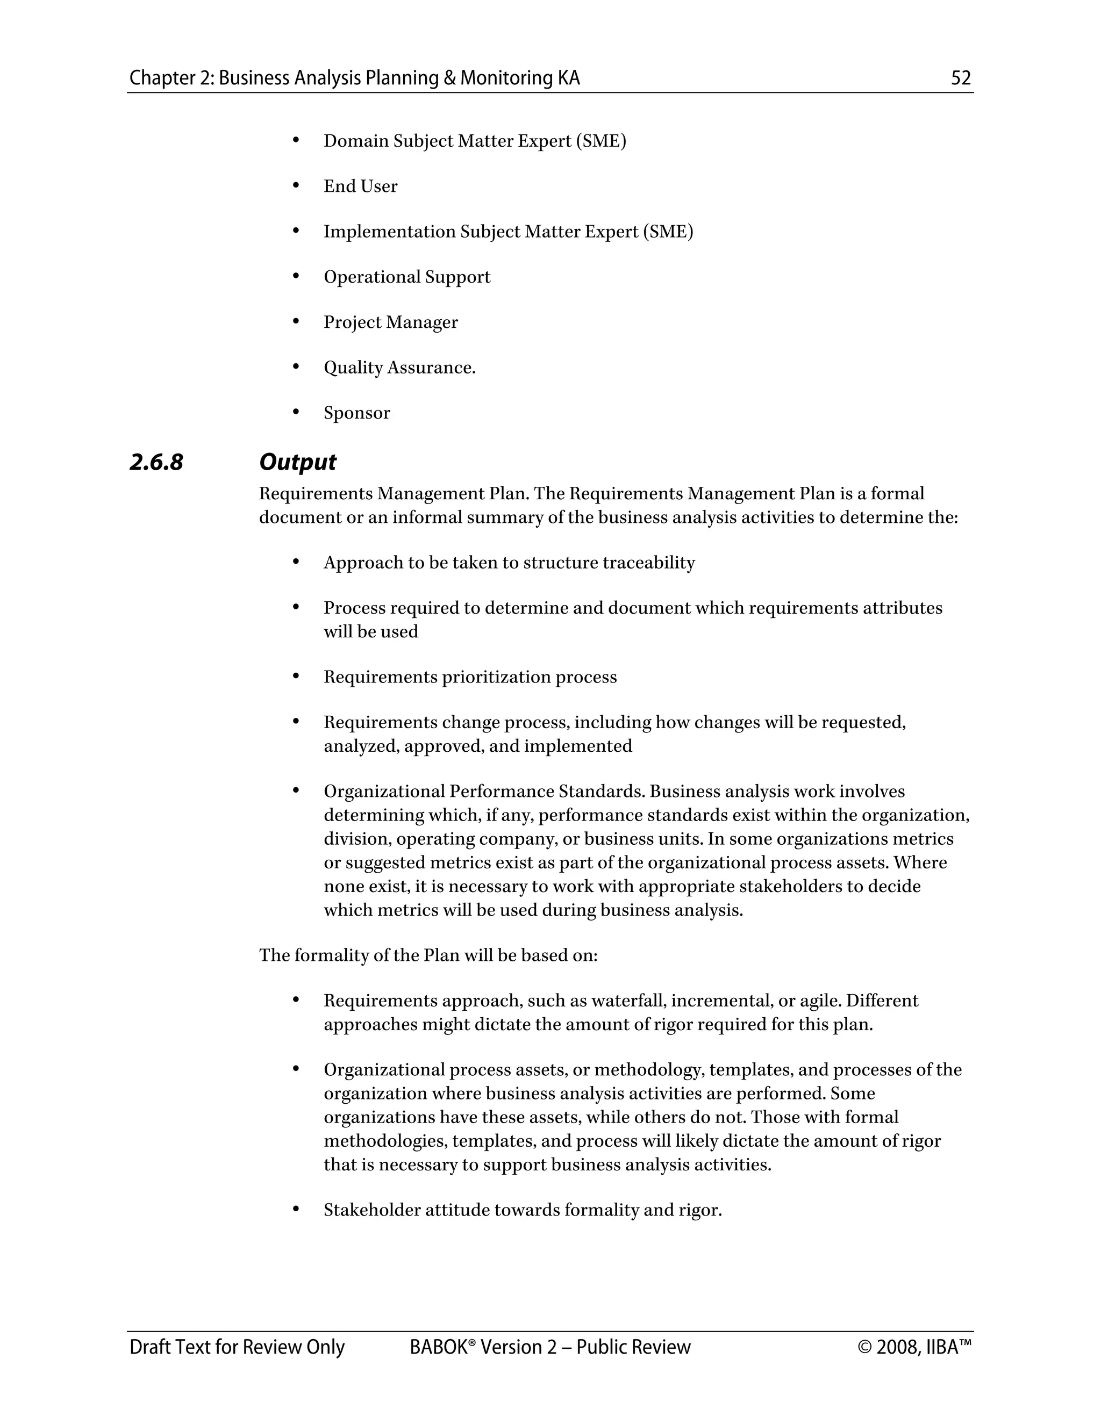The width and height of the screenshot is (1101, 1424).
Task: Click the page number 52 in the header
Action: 961,78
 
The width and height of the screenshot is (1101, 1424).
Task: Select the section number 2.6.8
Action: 156,462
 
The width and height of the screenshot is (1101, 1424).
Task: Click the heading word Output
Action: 297,462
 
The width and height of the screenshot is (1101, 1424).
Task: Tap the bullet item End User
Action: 360,186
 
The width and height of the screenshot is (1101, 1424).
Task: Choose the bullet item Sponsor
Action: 357,413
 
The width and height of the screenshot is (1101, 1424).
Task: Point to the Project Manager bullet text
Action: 391,323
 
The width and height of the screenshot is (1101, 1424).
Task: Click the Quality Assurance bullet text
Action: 399,368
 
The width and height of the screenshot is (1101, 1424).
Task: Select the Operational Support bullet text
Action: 407,277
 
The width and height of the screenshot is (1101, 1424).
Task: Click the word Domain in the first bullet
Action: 355,141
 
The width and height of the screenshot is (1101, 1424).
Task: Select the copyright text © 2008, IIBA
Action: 914,1348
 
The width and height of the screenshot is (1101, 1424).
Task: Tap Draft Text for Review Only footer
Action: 237,1348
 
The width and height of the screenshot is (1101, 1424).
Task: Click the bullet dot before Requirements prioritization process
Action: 296,676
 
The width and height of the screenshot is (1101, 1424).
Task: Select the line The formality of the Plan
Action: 428,956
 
